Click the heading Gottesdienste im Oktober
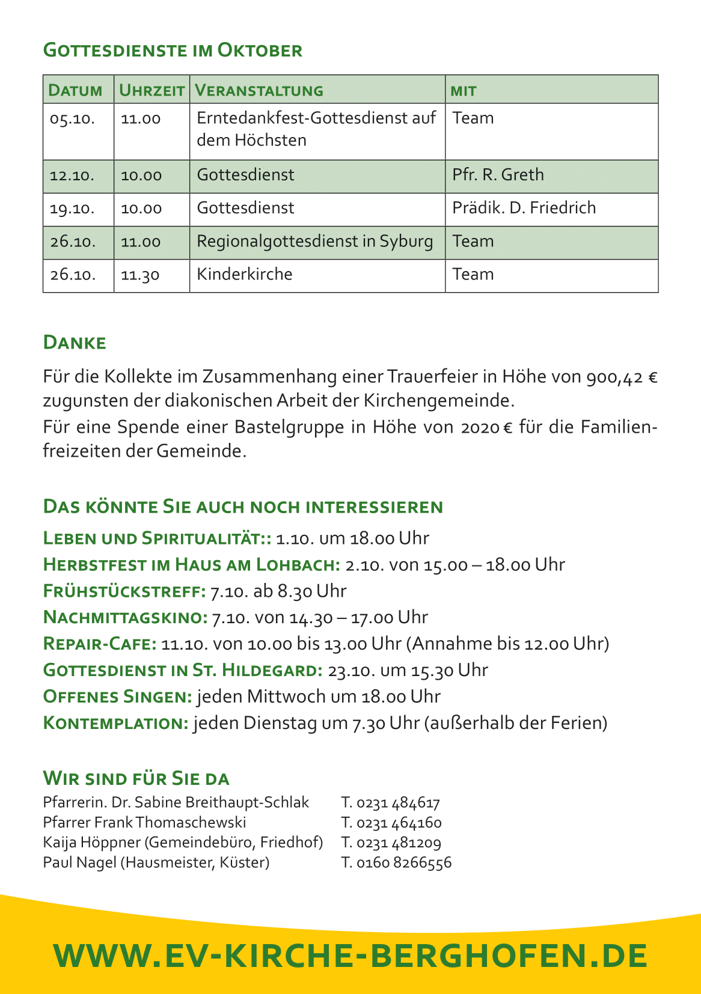pos(173,50)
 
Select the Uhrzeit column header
pos(152,90)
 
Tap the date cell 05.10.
pos(73,118)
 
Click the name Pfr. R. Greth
pos(498,175)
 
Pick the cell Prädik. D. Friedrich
pos(524,208)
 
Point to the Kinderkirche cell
pos(245,275)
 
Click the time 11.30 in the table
pos(140,275)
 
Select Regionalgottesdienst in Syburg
pos(314,242)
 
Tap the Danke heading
pos(75,343)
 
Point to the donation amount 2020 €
pos(486,427)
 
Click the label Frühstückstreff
pos(124,591)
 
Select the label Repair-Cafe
pos(100,644)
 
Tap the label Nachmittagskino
pos(125,618)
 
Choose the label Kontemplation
pos(116,723)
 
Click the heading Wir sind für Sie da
pos(136,778)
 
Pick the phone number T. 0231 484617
pos(390,803)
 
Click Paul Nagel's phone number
pos(396,863)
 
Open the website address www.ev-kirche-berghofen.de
pos(350,956)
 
